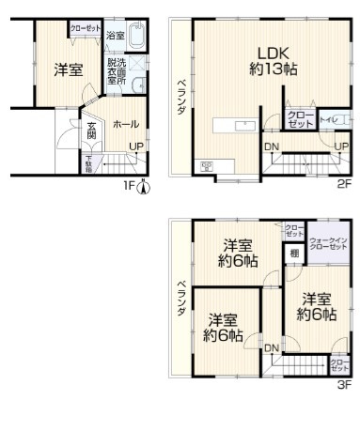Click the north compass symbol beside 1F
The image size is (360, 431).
pos(143,185)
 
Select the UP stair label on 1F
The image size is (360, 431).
pos(136,146)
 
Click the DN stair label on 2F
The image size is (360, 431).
pos(271,146)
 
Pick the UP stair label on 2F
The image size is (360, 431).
pos(342,146)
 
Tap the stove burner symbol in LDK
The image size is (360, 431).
pos(206,167)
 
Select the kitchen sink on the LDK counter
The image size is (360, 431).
pos(247,124)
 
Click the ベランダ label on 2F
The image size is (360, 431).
pos(180,98)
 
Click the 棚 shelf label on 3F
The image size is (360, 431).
pos(294,252)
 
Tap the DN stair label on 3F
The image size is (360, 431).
pos(271,349)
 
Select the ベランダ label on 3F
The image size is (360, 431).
pos(180,301)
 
